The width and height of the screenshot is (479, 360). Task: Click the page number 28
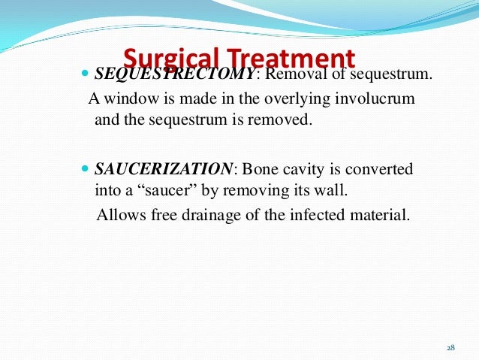click(x=450, y=347)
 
